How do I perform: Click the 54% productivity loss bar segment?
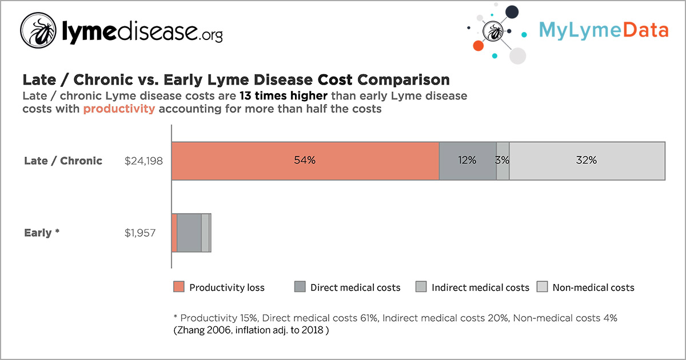pos(305,161)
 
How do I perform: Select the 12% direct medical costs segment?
pos(467,161)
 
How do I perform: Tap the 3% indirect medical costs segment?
pos(502,161)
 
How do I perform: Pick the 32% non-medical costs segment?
pos(587,161)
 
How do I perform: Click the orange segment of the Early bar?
pos(174,233)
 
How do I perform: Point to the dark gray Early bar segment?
pos(189,233)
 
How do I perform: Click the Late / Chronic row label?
pos(63,161)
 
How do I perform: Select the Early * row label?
pos(42,233)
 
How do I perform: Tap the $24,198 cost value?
pos(143,161)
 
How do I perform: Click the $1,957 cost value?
pos(140,233)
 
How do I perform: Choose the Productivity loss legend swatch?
pos(179,287)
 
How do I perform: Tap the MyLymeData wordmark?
pos(603,30)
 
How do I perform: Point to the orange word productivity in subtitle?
pos(119,109)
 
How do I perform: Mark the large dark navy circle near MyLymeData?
pos(512,13)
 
